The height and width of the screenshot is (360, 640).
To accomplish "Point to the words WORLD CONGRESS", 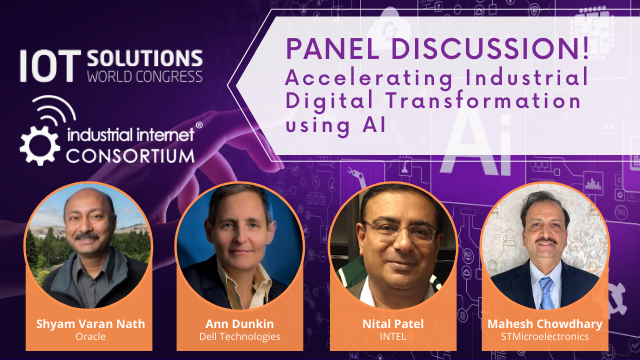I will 146,75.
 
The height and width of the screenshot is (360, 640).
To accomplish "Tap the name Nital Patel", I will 391,322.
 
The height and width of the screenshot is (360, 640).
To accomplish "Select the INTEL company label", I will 391,337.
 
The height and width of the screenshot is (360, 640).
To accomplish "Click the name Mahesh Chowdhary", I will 545,322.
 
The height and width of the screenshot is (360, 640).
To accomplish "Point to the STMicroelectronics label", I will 545,337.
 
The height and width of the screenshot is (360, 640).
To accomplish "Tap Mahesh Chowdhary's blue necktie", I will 546,289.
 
